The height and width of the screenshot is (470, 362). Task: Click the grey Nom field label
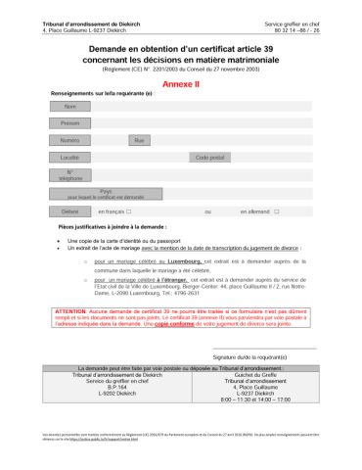(69, 106)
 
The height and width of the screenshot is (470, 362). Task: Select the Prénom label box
(69, 123)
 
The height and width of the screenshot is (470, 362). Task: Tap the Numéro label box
(69, 141)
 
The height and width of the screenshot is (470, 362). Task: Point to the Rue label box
(139, 141)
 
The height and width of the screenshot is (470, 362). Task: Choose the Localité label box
(69, 158)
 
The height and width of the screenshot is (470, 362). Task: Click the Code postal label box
(210, 158)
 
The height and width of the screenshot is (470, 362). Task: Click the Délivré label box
(69, 211)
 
